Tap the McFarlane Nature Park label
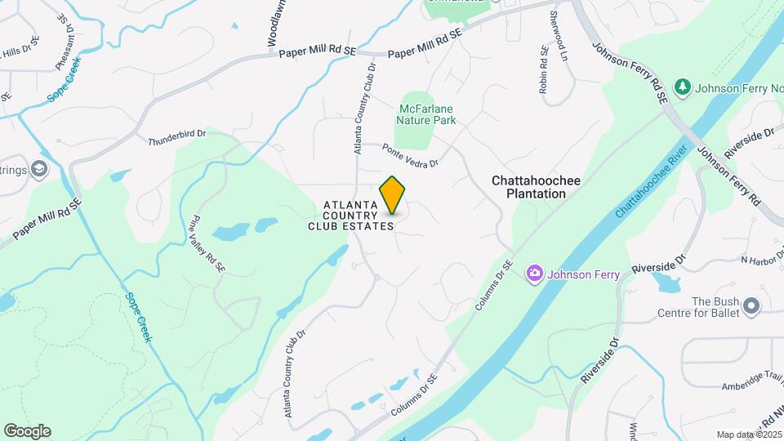click(425, 114)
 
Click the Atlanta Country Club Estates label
click(351, 216)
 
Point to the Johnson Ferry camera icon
click(535, 273)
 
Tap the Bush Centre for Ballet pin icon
click(752, 307)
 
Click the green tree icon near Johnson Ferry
click(683, 87)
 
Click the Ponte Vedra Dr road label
click(411, 155)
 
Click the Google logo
click(27, 431)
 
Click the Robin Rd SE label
click(543, 70)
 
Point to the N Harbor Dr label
click(761, 261)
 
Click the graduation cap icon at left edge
click(39, 169)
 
